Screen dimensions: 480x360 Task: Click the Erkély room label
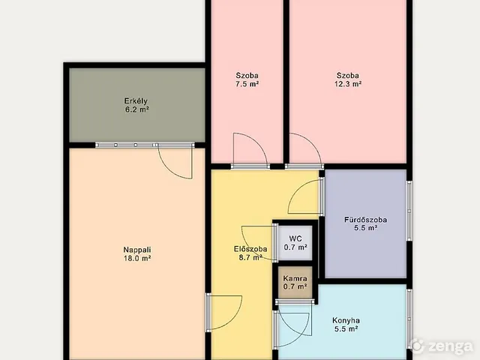coord(136,101)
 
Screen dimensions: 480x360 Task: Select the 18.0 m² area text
coord(137,258)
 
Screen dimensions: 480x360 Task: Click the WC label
coord(295,238)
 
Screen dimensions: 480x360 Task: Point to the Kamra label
coord(295,278)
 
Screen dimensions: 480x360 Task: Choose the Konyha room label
coord(346,320)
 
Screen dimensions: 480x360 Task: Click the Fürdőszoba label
coord(365,220)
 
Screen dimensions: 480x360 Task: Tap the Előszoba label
coord(250,249)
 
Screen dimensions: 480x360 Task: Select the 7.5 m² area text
coord(247,84)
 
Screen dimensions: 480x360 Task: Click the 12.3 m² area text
coord(348,84)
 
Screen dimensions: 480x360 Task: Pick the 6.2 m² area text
coord(136,109)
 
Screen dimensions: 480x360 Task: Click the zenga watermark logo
coord(441,346)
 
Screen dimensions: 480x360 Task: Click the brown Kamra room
coord(295,282)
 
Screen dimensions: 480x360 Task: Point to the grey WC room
coord(295,243)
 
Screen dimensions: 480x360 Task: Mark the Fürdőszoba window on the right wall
coord(409,211)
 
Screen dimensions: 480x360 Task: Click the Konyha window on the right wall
coord(409,318)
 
